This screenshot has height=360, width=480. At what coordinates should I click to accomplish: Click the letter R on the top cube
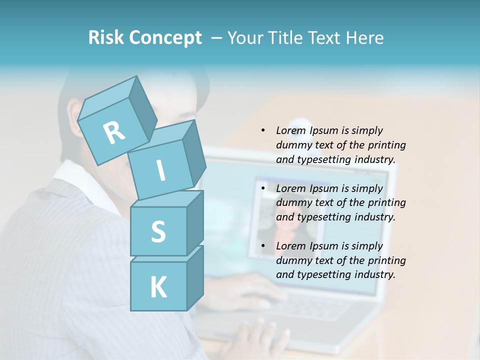[x=114, y=133]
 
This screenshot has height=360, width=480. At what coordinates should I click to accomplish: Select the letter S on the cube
[x=158, y=231]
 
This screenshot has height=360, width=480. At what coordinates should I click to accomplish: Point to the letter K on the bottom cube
[x=158, y=287]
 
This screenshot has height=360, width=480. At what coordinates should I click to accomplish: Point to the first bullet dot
[x=263, y=130]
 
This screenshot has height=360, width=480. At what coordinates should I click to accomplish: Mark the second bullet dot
[x=263, y=188]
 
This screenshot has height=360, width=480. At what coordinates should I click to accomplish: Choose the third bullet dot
[x=263, y=246]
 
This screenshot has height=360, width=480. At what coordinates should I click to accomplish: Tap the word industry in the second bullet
[x=375, y=217]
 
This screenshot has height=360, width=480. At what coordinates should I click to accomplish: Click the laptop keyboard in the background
[x=310, y=307]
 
